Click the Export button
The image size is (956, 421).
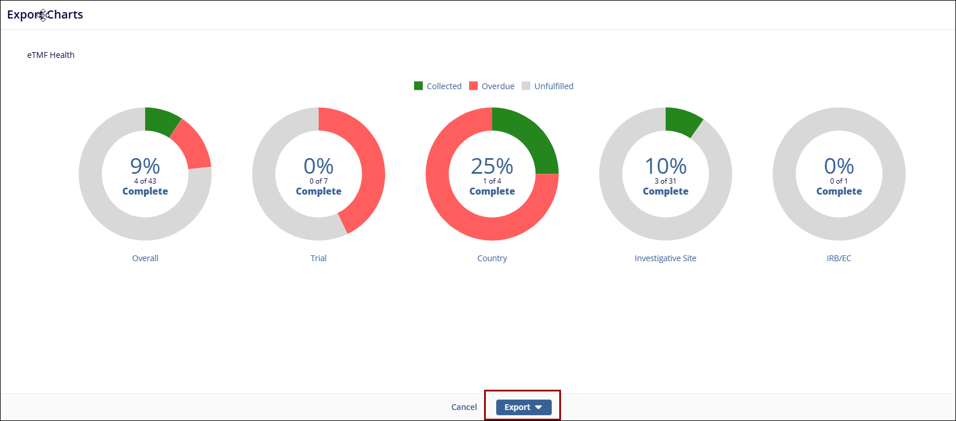click(x=523, y=407)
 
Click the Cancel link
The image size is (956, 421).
click(x=464, y=407)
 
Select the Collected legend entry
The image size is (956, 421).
click(x=438, y=86)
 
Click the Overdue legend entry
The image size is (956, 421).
click(x=492, y=86)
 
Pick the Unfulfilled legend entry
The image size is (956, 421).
click(x=547, y=86)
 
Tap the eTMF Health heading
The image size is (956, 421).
click(x=51, y=55)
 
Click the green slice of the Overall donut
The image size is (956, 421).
click(x=160, y=120)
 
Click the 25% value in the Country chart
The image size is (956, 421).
click(x=492, y=166)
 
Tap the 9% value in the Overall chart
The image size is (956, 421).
click(x=145, y=166)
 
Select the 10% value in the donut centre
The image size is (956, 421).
click(x=666, y=166)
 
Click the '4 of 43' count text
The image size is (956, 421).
click(x=145, y=181)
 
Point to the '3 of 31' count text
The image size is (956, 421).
click(x=666, y=181)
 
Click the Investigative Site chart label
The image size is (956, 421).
click(x=666, y=258)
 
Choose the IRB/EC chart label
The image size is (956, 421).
click(x=839, y=258)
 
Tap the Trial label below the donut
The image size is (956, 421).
click(x=319, y=258)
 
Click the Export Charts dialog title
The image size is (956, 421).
click(x=45, y=14)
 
